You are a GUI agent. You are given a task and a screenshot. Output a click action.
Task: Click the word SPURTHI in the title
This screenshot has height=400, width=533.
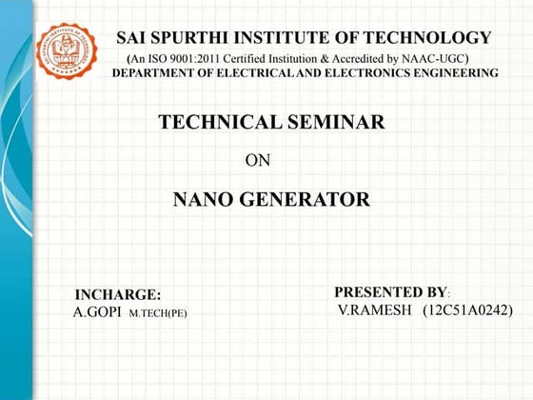coord(199,38)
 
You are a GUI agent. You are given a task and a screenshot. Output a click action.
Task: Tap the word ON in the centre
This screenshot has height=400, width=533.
coord(258,160)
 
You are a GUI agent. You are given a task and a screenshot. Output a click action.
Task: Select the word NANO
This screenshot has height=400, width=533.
coord(207,200)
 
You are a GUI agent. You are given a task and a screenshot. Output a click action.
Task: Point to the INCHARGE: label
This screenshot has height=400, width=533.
coord(118,295)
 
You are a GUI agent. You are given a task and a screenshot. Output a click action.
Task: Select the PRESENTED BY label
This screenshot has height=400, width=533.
coord(390,291)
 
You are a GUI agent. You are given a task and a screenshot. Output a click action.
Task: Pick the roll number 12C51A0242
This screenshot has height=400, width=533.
coord(468,310)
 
